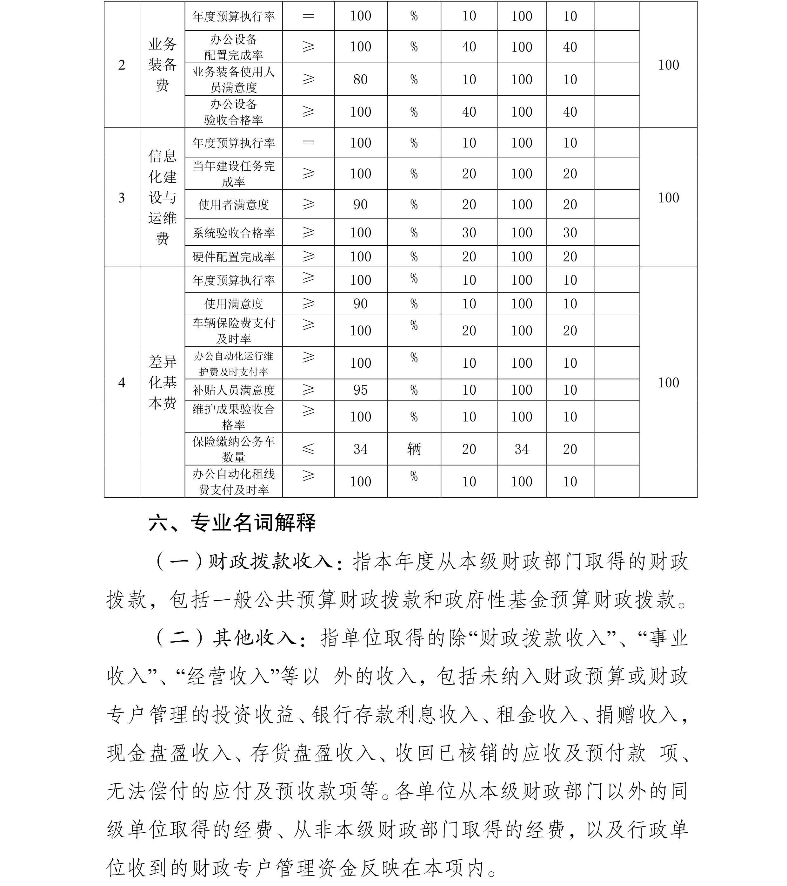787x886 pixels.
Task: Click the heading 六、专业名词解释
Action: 232,523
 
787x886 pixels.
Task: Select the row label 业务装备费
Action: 163,65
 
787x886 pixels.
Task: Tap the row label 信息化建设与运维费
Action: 163,197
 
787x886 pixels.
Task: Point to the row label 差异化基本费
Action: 163,382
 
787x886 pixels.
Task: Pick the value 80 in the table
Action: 360,79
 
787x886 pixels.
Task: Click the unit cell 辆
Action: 414,449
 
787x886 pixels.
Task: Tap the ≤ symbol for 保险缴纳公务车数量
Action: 308,449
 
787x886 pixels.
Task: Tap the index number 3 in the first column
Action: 122,198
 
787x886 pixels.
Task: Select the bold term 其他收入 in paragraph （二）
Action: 254,638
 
